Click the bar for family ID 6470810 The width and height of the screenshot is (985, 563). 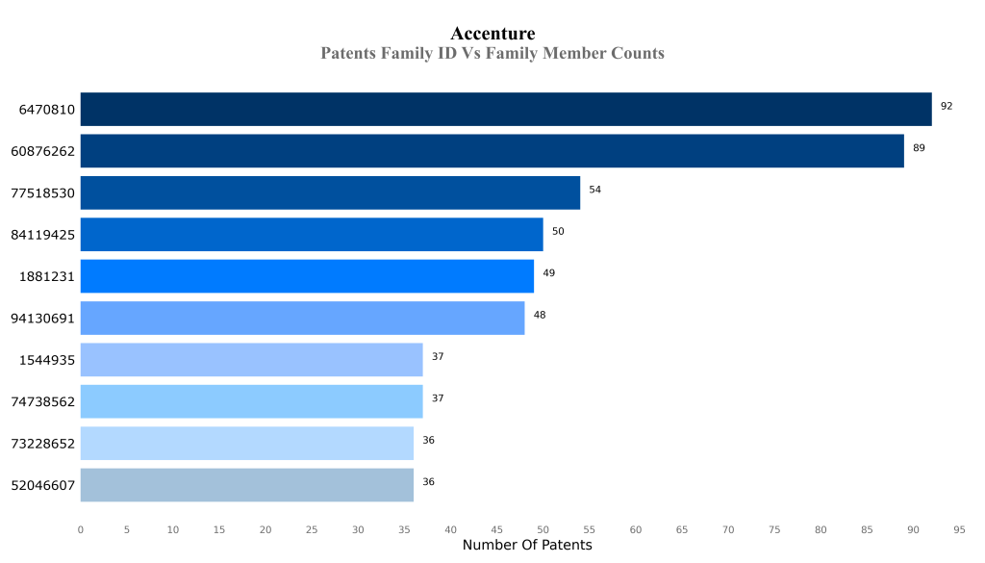(x=506, y=109)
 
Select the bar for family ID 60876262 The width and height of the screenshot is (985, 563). (x=492, y=151)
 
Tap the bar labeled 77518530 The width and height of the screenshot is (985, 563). (x=330, y=192)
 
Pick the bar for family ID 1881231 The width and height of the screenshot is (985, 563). (x=307, y=276)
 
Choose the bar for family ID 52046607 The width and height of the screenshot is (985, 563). (x=246, y=485)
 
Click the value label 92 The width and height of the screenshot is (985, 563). (x=947, y=106)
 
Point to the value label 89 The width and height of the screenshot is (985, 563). (x=919, y=148)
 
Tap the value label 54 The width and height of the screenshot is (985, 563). (x=594, y=190)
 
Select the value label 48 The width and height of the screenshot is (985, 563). (x=540, y=315)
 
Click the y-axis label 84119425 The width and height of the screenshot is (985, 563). (x=42, y=235)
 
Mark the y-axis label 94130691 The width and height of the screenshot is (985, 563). (x=42, y=319)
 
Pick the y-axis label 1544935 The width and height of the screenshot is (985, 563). (x=47, y=360)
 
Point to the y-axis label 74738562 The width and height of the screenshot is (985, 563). (x=42, y=402)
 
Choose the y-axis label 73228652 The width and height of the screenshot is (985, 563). (x=42, y=444)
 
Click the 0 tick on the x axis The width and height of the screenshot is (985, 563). (x=80, y=529)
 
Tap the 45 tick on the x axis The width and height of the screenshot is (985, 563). (x=496, y=529)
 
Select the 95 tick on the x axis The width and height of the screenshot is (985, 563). (x=959, y=529)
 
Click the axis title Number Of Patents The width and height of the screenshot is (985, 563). (x=527, y=546)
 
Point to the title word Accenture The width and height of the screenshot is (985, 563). (x=492, y=35)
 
